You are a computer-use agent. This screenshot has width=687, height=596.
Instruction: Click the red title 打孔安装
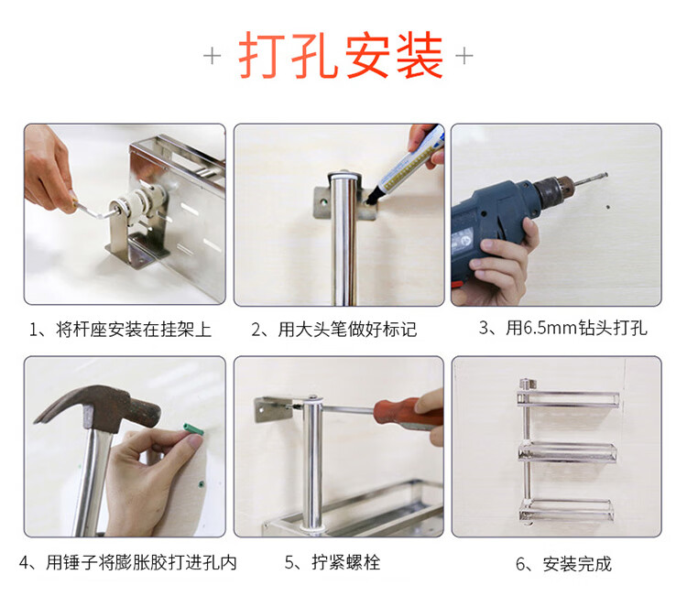coord(341,56)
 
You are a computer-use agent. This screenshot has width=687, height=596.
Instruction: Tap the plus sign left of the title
coord(213,56)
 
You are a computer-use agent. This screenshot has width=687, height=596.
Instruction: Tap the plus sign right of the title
coord(464,56)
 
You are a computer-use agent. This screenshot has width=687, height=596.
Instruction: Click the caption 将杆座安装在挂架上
coord(134,330)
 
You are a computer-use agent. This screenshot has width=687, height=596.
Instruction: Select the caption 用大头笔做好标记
coord(347,330)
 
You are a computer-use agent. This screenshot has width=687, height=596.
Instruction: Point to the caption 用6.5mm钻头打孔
coord(576,328)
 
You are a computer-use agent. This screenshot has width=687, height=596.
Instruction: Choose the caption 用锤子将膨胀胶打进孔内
coord(141,563)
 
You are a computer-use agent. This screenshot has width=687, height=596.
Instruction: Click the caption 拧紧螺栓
coord(345,562)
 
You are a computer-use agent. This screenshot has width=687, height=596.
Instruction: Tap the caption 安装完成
coord(577,564)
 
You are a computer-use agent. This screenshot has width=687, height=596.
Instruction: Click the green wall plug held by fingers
coord(193,429)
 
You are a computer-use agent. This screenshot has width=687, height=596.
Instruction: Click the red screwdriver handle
coord(408,413)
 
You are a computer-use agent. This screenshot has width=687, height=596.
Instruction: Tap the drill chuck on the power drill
coord(555,190)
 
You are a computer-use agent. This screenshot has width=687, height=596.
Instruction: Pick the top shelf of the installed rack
coord(568,398)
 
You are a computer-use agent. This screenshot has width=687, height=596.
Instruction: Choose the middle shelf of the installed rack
coord(567,452)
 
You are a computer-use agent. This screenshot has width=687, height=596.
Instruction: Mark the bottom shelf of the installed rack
coord(566,509)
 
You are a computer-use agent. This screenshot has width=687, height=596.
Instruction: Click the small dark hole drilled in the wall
coord(607,207)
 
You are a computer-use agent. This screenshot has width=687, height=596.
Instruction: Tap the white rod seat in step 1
coord(139,202)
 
